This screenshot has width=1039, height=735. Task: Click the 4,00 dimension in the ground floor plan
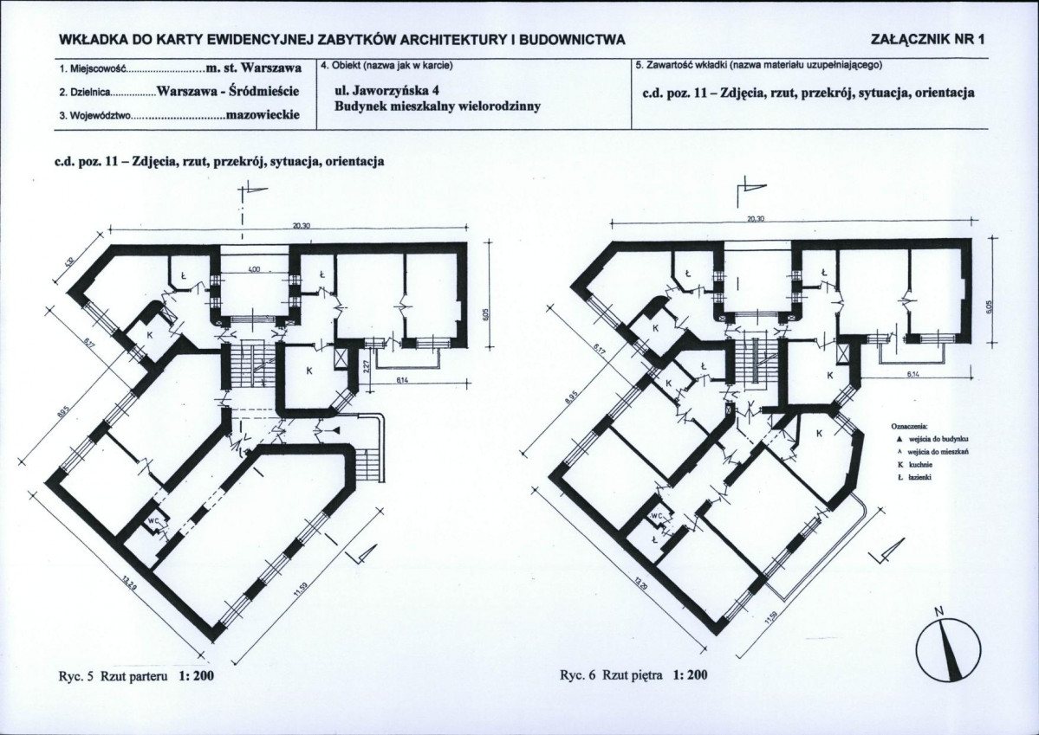254,271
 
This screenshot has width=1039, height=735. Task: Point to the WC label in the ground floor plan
152,522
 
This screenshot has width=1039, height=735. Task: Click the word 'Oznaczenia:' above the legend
909,427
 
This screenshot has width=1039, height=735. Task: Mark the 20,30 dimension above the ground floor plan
302,226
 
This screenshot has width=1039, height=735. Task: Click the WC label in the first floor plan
658,517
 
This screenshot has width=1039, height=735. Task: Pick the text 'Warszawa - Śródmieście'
229,90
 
